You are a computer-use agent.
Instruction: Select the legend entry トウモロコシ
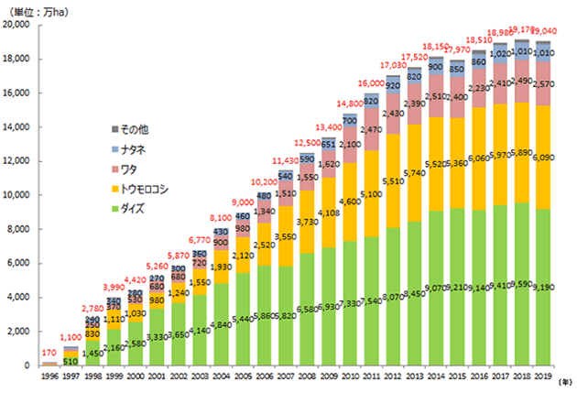pos(147,190)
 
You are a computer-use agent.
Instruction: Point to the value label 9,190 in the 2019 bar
pos(543,288)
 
